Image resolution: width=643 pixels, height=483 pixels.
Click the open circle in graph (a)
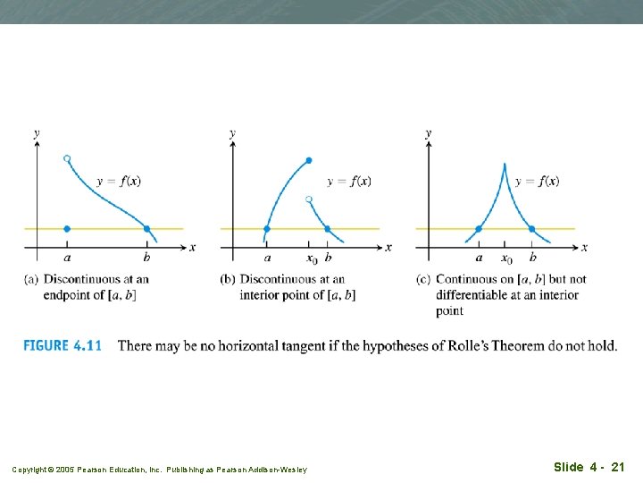tap(67, 158)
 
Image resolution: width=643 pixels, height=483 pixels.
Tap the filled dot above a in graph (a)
tap(67, 229)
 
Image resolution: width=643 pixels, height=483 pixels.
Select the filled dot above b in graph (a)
tap(146, 229)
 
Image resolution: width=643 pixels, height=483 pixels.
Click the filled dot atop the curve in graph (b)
tap(309, 161)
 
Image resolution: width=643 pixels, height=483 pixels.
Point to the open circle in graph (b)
tap(309, 198)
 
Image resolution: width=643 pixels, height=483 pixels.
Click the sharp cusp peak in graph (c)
tap(505, 164)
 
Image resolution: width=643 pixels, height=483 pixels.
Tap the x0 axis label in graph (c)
tap(506, 259)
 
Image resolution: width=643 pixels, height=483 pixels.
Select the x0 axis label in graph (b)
tap(311, 259)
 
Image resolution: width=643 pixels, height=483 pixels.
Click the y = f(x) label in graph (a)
tap(118, 181)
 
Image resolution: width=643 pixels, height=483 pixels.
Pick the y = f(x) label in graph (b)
tap(349, 181)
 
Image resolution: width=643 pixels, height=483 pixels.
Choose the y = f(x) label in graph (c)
tap(538, 181)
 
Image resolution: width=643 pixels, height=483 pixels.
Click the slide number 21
tap(617, 467)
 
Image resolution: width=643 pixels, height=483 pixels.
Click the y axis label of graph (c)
tap(429, 133)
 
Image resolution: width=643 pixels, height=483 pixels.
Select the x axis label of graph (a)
tap(192, 247)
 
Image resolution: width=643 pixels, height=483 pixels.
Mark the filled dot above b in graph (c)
tap(532, 229)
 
